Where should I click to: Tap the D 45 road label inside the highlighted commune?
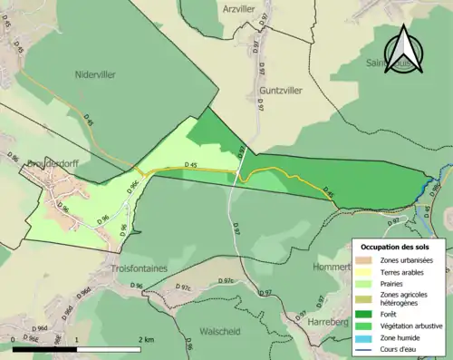(190, 164)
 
